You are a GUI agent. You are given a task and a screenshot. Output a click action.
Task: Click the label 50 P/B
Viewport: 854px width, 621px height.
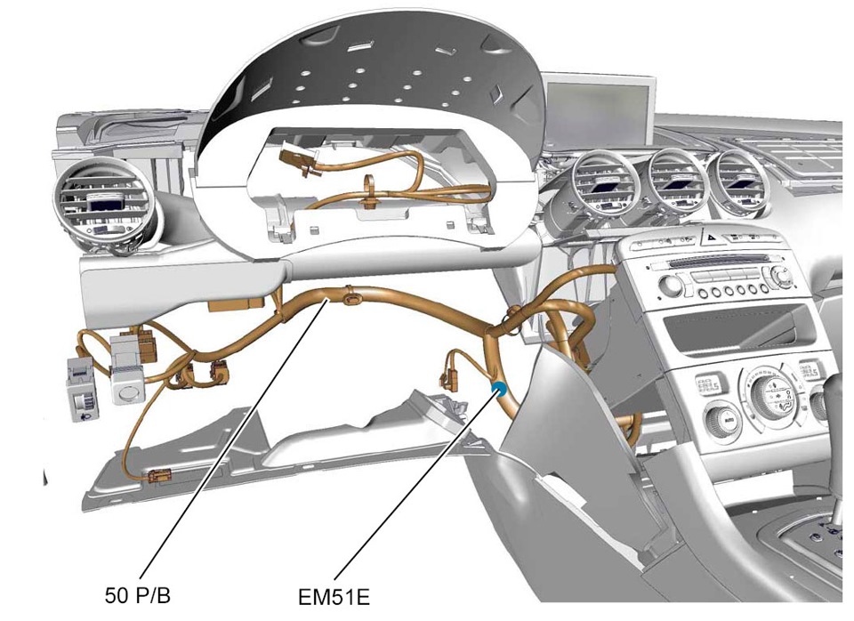(x=138, y=595)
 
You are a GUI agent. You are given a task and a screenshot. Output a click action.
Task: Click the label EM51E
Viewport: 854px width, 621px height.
(x=334, y=597)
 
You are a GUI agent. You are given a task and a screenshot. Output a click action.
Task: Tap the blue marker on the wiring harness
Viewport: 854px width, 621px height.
(x=498, y=389)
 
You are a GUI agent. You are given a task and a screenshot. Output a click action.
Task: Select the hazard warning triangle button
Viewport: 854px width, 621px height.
(x=712, y=238)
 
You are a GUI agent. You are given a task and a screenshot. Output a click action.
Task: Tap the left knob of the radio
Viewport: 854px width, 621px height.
(x=671, y=285)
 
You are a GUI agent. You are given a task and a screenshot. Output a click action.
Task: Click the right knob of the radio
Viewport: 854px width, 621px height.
(x=783, y=276)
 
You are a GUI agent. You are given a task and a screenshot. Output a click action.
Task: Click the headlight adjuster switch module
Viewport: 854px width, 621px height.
(x=82, y=388)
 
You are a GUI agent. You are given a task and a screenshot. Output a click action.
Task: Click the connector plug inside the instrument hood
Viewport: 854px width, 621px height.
(x=295, y=160)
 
